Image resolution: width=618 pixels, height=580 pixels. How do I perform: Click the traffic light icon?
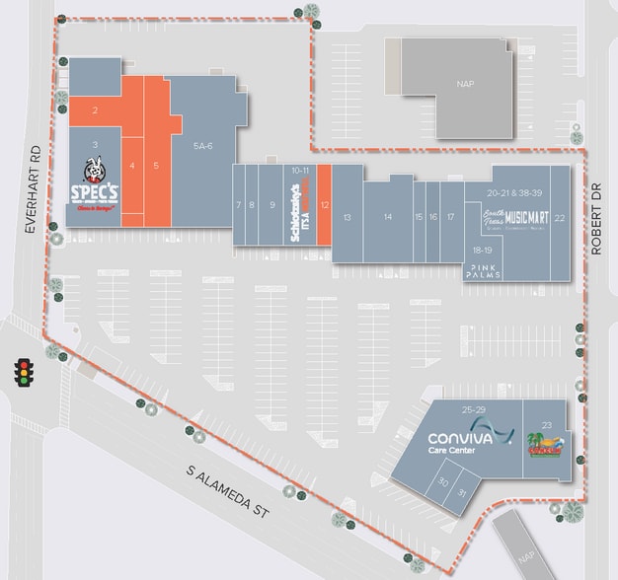(x=21, y=371)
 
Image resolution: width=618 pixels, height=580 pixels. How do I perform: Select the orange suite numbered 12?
(x=324, y=204)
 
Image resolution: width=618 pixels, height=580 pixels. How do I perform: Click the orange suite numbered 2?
(x=95, y=110)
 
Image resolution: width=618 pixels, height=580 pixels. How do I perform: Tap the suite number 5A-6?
(x=202, y=145)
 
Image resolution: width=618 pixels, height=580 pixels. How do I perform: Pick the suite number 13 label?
(x=347, y=216)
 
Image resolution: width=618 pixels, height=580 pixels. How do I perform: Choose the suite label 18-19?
(x=481, y=251)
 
